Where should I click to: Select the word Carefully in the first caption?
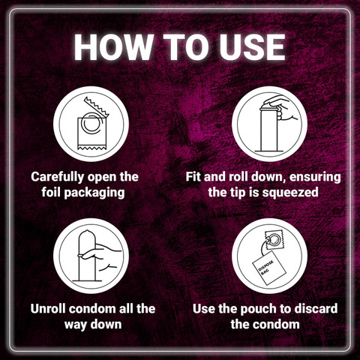(58, 177)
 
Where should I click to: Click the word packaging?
(94, 193)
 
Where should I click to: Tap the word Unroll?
(48, 308)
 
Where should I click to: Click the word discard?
(316, 308)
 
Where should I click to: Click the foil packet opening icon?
(91, 124)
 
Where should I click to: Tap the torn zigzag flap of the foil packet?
(97, 107)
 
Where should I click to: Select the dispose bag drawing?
(268, 268)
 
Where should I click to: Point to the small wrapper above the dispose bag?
(274, 240)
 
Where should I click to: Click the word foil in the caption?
(51, 192)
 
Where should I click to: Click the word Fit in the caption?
(193, 177)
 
